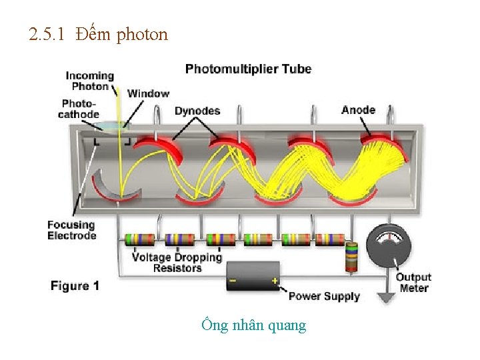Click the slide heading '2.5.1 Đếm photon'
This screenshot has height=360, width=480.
tap(99, 34)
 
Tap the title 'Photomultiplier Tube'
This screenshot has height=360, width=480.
tap(248, 69)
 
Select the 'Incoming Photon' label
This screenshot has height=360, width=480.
tap(89, 81)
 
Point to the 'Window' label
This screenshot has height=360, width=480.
tap(148, 93)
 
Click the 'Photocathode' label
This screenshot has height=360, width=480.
tap(79, 109)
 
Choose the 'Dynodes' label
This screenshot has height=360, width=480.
tap(197, 111)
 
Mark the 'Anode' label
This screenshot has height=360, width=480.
tap(358, 110)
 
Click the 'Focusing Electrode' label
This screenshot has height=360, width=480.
tap(71, 230)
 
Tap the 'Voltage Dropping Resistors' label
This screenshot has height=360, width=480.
tap(177, 262)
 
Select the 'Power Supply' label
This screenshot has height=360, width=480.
tap(324, 296)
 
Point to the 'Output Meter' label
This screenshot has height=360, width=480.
tap(413, 283)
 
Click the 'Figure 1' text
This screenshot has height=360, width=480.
tap(75, 286)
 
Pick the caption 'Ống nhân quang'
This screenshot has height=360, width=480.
tap(253, 325)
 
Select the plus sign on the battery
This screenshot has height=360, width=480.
tap(274, 281)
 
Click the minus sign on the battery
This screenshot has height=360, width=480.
tap(233, 281)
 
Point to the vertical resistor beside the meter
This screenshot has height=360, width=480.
tap(352, 257)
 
